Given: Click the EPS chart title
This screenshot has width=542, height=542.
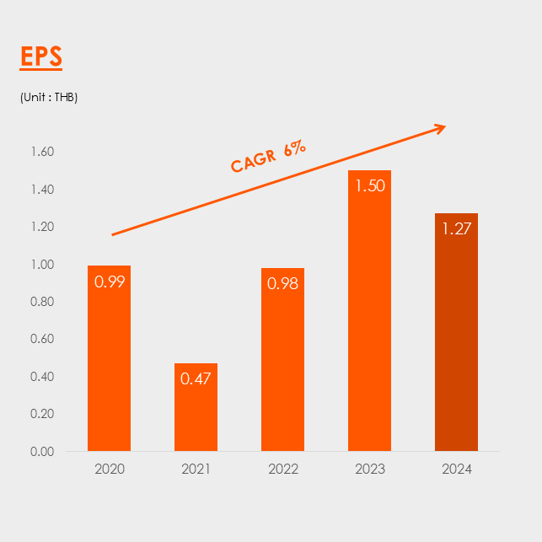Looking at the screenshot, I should coord(41,57).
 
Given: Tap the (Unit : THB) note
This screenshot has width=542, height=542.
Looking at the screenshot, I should coord(49,98).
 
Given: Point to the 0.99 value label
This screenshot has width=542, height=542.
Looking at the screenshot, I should coord(110,282).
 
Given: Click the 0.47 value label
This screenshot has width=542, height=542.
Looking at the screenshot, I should coord(196,378).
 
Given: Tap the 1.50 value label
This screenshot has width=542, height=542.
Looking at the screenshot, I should coord(369,186).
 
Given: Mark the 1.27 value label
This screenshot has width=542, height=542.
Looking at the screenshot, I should coord(456,228).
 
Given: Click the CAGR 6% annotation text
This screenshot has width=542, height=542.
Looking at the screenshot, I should coord(268,157).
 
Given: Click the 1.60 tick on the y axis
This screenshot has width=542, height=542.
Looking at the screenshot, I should coord(42,153).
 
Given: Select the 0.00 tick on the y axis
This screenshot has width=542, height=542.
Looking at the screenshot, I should coord(42,452).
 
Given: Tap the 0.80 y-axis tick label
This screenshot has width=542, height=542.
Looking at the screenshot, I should coord(42,302).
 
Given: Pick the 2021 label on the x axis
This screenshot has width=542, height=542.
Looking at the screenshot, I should coord(196,470).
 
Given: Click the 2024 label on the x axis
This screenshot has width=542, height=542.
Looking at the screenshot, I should coord(456,470).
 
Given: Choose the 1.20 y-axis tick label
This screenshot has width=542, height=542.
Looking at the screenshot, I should coord(42,227).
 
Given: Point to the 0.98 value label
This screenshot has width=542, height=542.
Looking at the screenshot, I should coord(282,284).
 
